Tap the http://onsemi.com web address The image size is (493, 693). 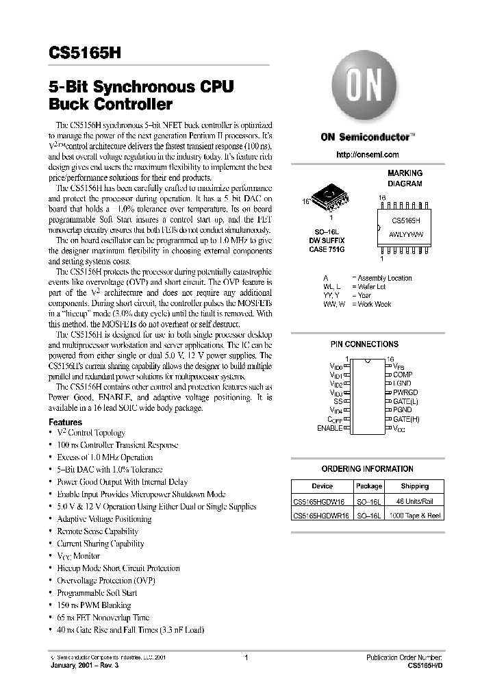(368, 155)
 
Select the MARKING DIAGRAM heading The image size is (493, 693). (405, 179)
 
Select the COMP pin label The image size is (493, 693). (402, 375)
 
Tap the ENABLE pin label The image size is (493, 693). (329, 428)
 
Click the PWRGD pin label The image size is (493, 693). (405, 392)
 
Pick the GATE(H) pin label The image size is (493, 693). (405, 418)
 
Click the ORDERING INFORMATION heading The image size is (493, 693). (368, 469)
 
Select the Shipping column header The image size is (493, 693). (415, 486)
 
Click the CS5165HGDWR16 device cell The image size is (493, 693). (321, 515)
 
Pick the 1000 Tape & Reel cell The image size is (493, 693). (415, 515)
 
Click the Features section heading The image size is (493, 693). (66, 423)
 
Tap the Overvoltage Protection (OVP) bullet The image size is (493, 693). (106, 581)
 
